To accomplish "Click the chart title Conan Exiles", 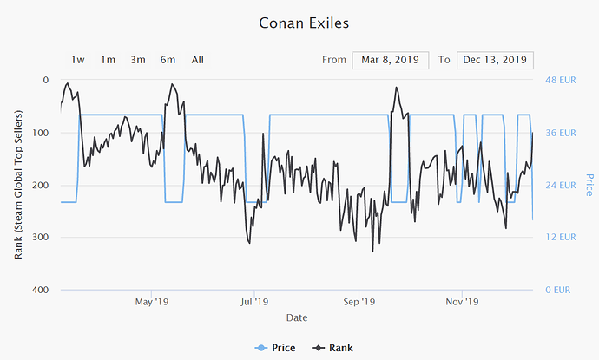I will pyautogui.click(x=299, y=22).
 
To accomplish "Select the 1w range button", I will pyautogui.click(x=78, y=60).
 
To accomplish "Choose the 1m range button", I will pyautogui.click(x=108, y=60).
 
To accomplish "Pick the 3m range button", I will pyautogui.click(x=138, y=60).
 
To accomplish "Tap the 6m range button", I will pyautogui.click(x=168, y=60).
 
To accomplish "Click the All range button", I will pyautogui.click(x=198, y=60).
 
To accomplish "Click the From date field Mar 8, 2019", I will pyautogui.click(x=390, y=60).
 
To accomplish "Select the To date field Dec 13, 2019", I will pyautogui.click(x=495, y=60).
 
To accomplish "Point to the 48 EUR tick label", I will pyautogui.click(x=560, y=80).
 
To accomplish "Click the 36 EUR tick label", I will pyautogui.click(x=560, y=133).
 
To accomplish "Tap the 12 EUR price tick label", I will pyautogui.click(x=560, y=237).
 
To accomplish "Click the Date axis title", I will pyautogui.click(x=297, y=318).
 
